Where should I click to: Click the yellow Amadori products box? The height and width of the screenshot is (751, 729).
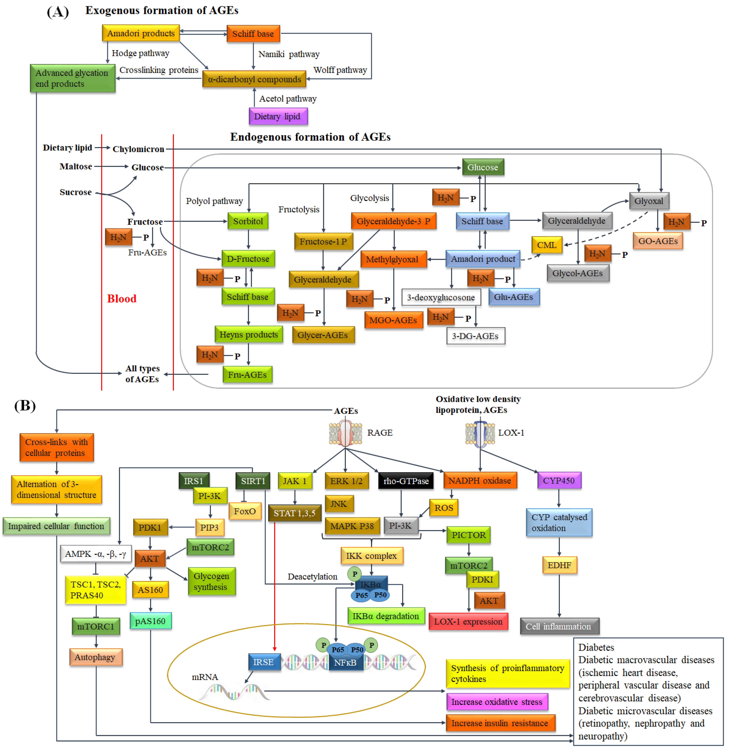[x=141, y=33]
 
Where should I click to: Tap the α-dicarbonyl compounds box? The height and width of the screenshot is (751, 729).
[x=254, y=79]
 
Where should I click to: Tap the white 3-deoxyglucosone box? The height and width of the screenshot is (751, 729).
[x=441, y=297]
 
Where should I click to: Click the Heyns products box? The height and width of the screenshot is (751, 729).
[x=248, y=335]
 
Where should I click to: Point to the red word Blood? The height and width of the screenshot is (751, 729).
[x=122, y=298]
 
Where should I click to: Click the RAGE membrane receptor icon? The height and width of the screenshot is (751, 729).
[x=346, y=433]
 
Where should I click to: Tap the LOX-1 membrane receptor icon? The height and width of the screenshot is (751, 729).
[x=480, y=434]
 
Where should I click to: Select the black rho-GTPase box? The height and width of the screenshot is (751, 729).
[x=406, y=481]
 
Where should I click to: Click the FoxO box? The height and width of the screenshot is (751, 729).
[x=245, y=511]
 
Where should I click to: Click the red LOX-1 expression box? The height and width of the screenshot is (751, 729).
[x=468, y=621]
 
